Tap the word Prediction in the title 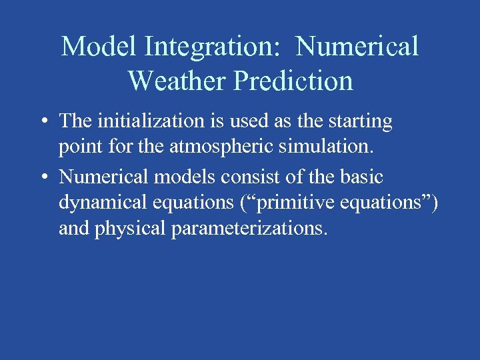pos(293,81)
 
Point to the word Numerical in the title pos(357,47)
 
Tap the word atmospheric pos(212,147)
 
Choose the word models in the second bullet pos(177,177)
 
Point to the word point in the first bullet pos(77,147)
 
